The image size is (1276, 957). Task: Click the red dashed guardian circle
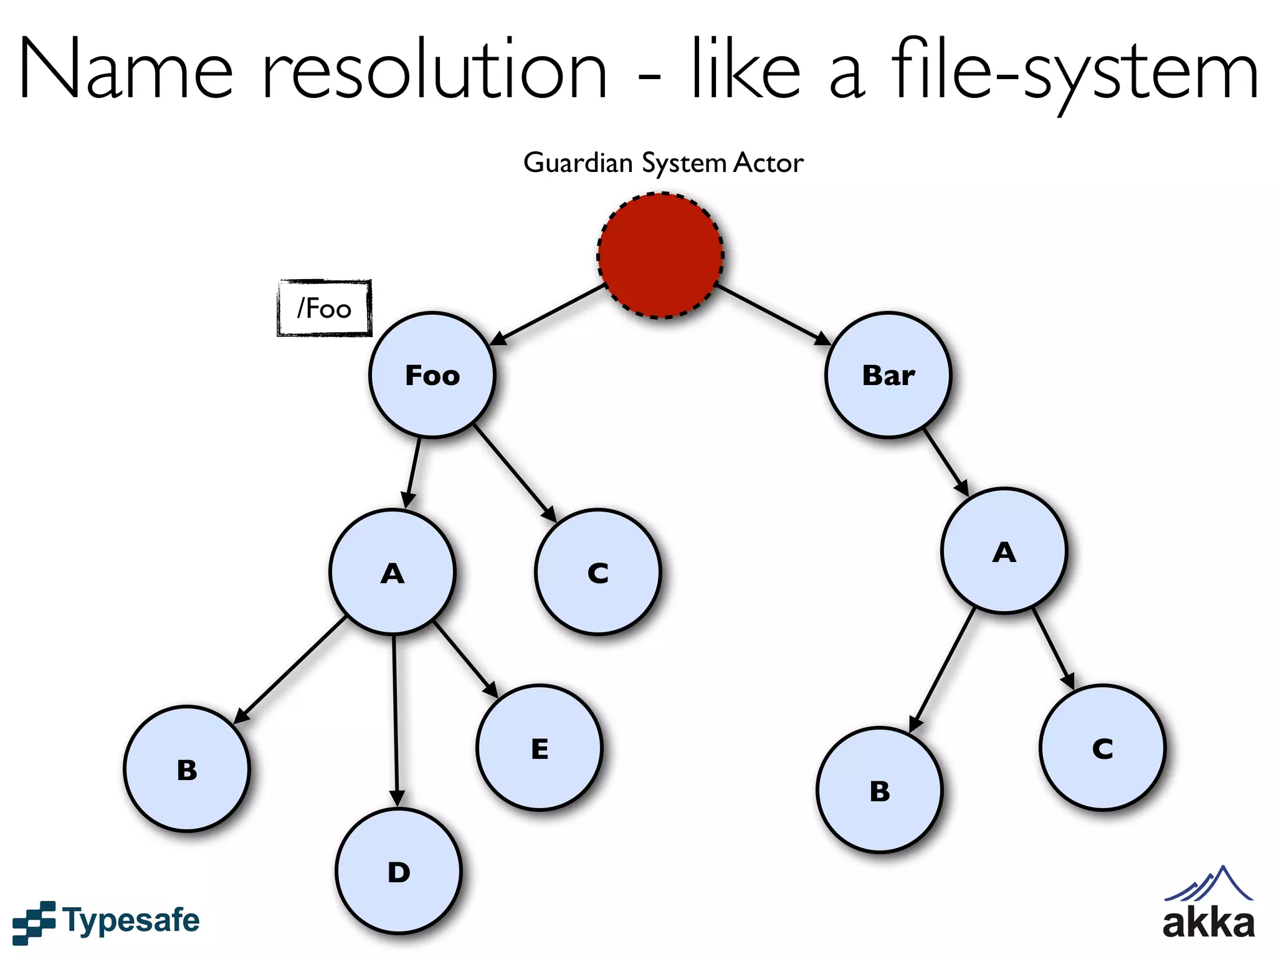point(660,255)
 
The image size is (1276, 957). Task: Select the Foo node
point(432,375)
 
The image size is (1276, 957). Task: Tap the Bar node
point(888,375)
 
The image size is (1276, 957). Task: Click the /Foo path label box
point(324,308)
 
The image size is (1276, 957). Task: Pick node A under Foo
point(393,572)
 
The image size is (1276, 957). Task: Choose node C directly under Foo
point(598,572)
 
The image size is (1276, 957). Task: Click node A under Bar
point(1004,551)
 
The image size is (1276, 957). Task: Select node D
point(399,871)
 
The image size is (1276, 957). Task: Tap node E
point(540,748)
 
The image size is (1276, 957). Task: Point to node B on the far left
point(187,769)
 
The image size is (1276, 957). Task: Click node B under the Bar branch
point(880,790)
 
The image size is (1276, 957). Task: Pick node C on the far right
point(1102,748)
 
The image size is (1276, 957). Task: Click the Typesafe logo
point(106,921)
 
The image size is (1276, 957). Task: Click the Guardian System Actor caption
point(663,163)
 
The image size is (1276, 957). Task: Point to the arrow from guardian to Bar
point(773,315)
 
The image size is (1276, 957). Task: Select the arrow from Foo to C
point(515,474)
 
